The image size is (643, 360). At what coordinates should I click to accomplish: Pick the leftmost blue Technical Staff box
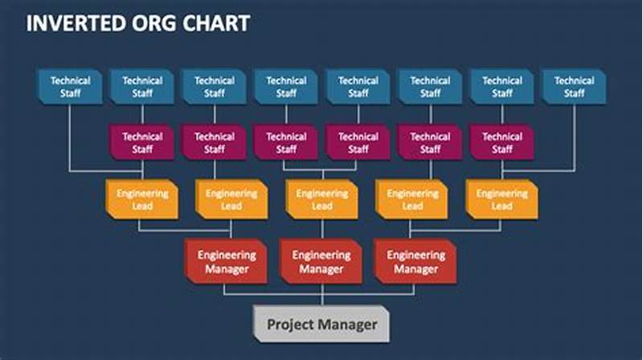pos(70,87)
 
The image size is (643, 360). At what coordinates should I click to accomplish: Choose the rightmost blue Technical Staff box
pos(574,87)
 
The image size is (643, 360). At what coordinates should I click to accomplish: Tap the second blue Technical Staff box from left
pos(142,87)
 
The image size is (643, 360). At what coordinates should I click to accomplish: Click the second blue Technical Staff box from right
pos(502,87)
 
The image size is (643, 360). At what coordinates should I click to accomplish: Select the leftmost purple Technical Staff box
pos(142,142)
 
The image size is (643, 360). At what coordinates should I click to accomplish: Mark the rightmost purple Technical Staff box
pos(502,142)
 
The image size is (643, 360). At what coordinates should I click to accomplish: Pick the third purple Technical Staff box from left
pos(286,142)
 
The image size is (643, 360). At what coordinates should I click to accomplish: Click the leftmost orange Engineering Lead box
pos(141,199)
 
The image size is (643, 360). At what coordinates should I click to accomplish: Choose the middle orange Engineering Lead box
pos(322,199)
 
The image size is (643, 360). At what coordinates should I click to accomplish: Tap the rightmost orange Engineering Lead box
pos(502,199)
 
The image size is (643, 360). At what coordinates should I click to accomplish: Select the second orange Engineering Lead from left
pos(231,199)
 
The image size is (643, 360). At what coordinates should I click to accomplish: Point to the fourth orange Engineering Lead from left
pos(412,199)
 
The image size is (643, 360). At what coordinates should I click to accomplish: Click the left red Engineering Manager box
pos(227,261)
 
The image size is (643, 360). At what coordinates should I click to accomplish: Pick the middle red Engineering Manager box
pos(321,261)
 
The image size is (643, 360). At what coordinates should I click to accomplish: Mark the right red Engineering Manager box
pos(416,261)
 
